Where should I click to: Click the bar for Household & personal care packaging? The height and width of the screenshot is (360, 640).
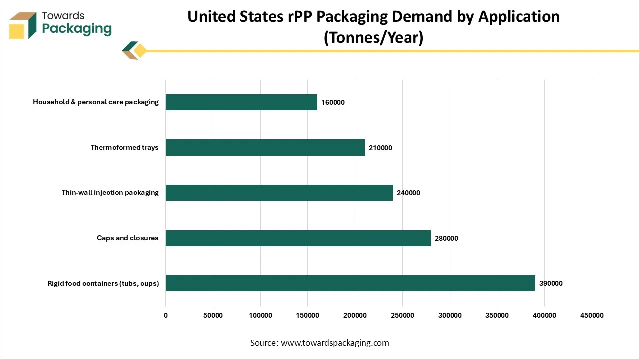pyautogui.click(x=241, y=102)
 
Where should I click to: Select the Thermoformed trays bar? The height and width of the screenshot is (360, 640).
pyautogui.click(x=265, y=148)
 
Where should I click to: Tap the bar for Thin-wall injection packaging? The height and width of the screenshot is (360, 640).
pyautogui.click(x=279, y=193)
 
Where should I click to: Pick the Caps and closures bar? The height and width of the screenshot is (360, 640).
pyautogui.click(x=298, y=238)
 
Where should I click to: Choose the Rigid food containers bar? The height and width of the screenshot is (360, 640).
pyautogui.click(x=350, y=283)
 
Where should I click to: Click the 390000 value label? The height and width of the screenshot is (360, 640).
pyautogui.click(x=551, y=283)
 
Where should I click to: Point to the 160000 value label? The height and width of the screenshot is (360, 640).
pyautogui.click(x=333, y=103)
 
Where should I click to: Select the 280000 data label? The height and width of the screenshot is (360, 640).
pyautogui.click(x=446, y=238)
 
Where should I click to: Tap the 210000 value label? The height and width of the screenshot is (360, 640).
pyautogui.click(x=380, y=148)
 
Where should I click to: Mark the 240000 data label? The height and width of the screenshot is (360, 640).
pyautogui.click(x=408, y=193)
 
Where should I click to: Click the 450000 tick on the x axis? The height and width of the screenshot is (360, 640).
pyautogui.click(x=592, y=315)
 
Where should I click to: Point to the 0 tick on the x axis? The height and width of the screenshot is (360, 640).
pyautogui.click(x=166, y=315)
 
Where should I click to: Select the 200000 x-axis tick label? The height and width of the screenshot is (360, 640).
pyautogui.click(x=355, y=315)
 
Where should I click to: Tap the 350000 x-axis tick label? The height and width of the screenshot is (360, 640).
pyautogui.click(x=497, y=315)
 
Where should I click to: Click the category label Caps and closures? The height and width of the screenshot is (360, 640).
pyautogui.click(x=127, y=238)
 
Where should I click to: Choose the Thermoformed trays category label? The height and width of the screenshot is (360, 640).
pyautogui.click(x=124, y=147)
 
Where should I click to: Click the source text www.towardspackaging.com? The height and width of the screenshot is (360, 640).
pyautogui.click(x=335, y=343)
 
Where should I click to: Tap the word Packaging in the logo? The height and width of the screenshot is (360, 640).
pyautogui.click(x=77, y=28)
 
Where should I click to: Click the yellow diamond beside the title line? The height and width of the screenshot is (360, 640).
pyautogui.click(x=140, y=51)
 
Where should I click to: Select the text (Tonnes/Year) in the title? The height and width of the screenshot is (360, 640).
pyautogui.click(x=373, y=37)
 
